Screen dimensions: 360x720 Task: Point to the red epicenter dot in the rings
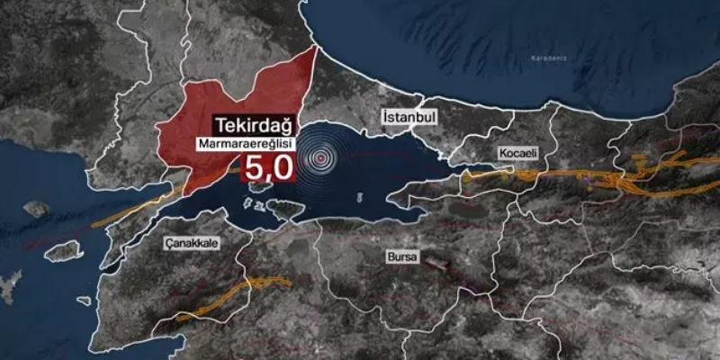click(x=318, y=157)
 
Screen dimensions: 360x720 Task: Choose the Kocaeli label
click(x=516, y=154)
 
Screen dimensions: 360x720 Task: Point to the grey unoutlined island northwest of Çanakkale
click(x=36, y=209)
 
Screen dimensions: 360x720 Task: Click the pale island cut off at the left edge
click(x=7, y=288)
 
